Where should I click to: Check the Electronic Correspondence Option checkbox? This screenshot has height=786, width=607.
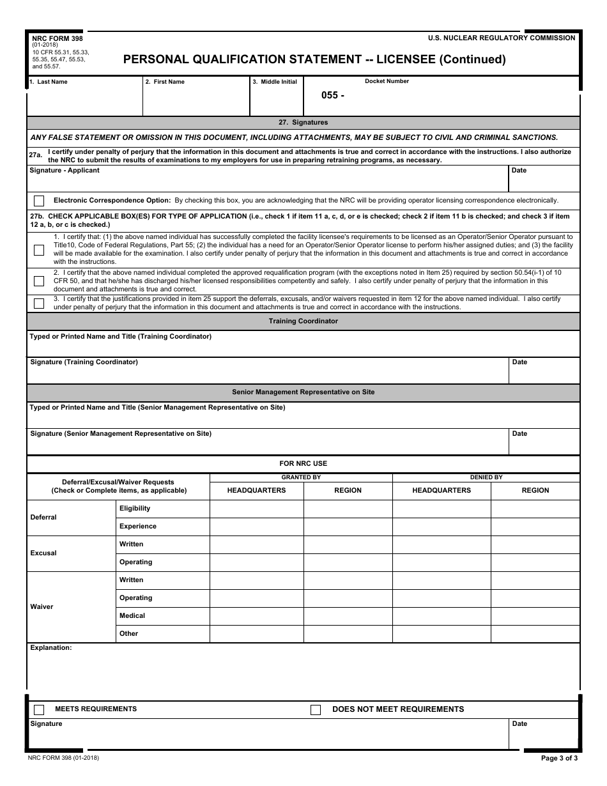pos(39,201)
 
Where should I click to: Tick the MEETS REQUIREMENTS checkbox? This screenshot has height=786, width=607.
pos(39,710)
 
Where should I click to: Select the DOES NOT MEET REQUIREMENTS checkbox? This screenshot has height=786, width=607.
pos(316,710)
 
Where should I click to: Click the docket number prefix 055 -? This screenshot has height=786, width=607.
pos(333,95)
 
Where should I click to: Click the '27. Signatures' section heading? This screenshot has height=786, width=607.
pos(303,123)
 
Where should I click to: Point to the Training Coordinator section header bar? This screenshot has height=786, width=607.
pos(303,321)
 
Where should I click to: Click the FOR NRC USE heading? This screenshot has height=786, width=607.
pos(303,464)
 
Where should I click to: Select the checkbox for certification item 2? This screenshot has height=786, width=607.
pos(39,281)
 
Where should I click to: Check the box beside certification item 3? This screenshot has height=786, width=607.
pos(39,304)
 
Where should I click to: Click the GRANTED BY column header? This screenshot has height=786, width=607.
pos(301,477)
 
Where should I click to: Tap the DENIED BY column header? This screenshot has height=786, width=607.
pos(486,477)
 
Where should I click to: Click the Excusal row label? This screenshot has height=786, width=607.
pos(43,553)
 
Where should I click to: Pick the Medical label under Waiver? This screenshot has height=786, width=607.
pos(132,616)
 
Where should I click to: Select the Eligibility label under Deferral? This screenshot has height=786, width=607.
pos(135,509)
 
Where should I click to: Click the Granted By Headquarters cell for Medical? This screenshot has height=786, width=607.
pos(256,616)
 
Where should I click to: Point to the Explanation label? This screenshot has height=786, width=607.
pos(51,648)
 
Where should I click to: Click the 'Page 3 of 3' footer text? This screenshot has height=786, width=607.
pos(559,759)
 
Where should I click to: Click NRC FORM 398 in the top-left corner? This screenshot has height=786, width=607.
pos(58,38)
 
